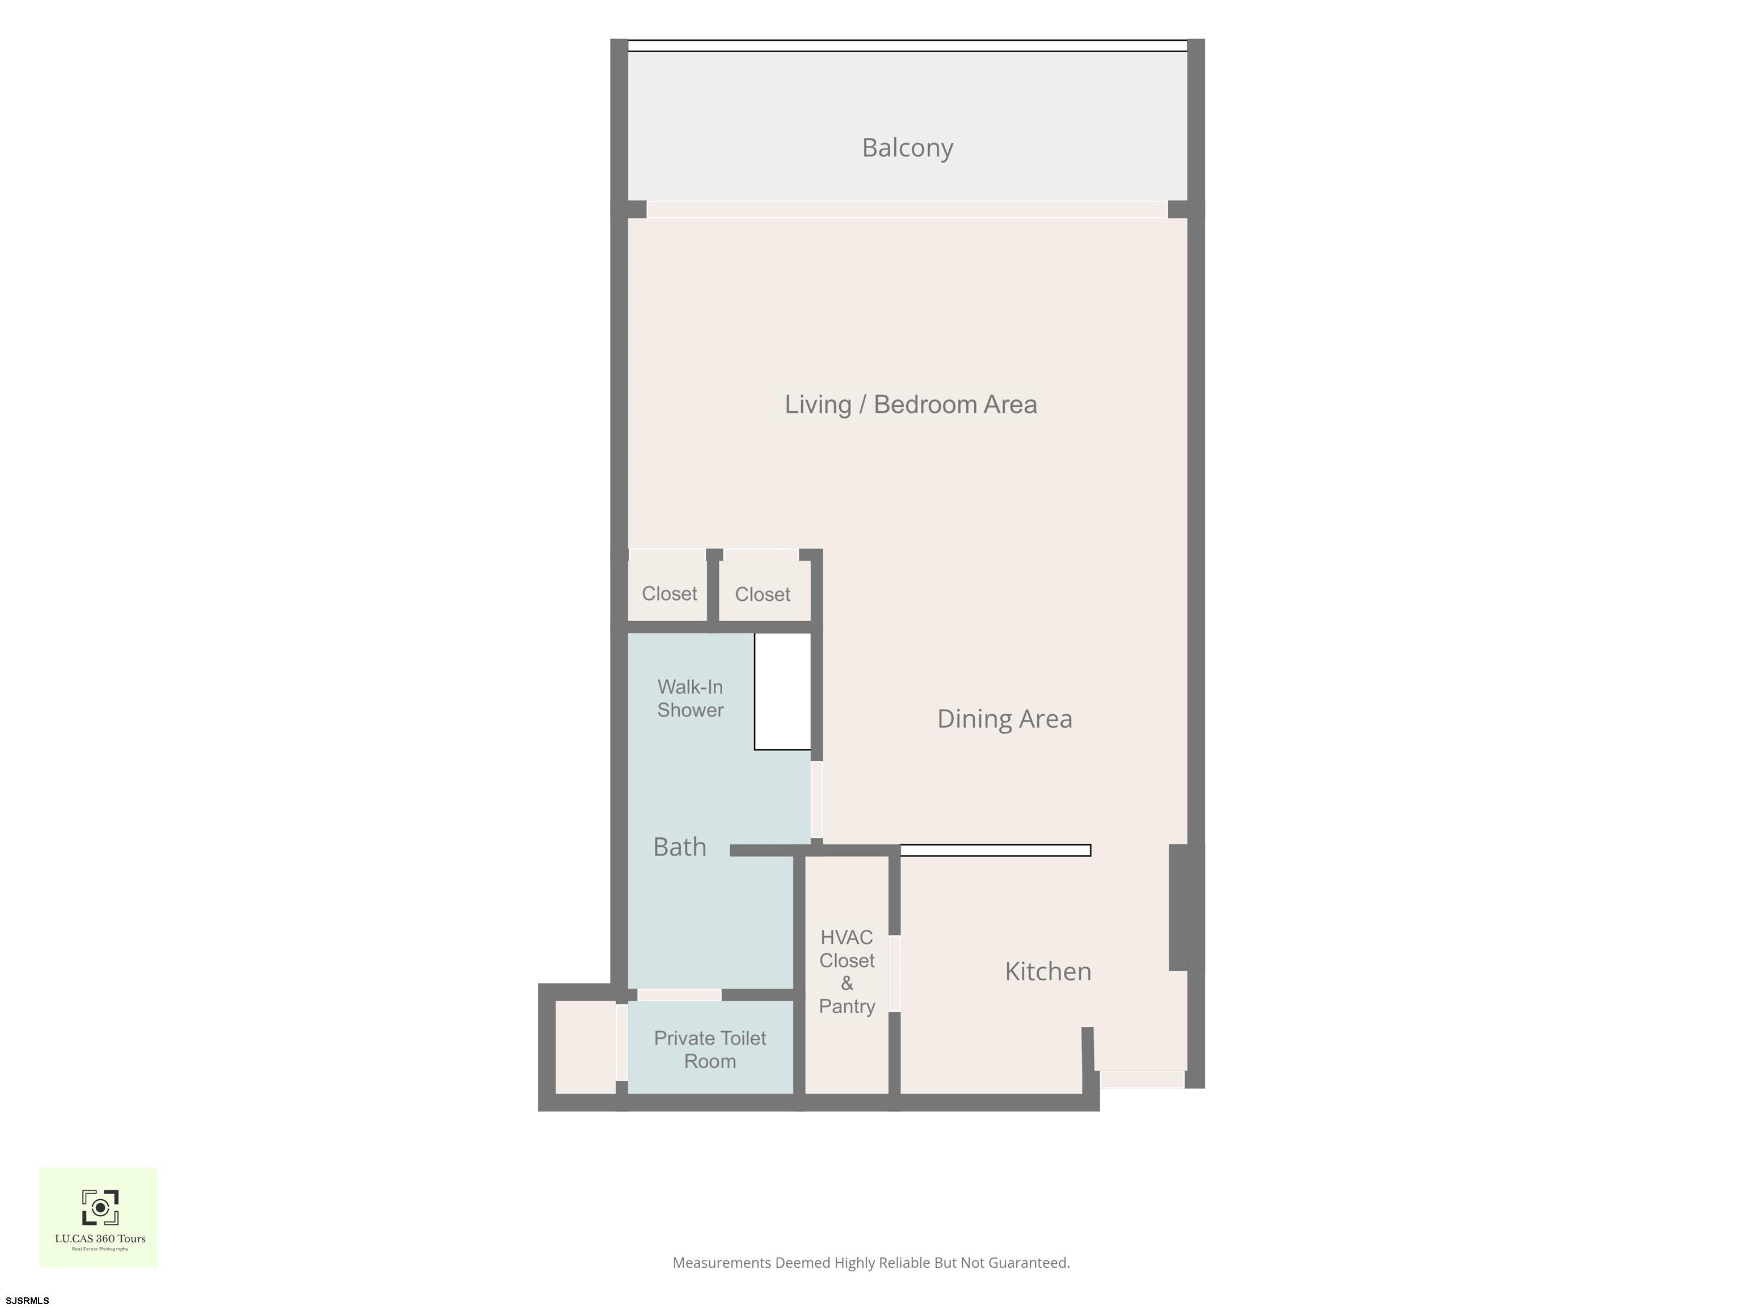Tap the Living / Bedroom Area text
point(910,404)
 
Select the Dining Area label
point(1005,719)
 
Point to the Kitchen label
point(1048,971)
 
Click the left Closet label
point(669,593)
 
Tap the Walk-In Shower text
point(691,699)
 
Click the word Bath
point(679,847)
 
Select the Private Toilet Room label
point(710,1049)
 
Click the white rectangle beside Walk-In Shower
point(782,692)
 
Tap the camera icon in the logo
point(100,1208)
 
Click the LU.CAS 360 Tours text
point(100,1238)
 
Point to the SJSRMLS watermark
point(28,1300)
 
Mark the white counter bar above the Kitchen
point(995,850)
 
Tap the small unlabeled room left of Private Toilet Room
point(586,1047)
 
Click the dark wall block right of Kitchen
point(1178,908)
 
